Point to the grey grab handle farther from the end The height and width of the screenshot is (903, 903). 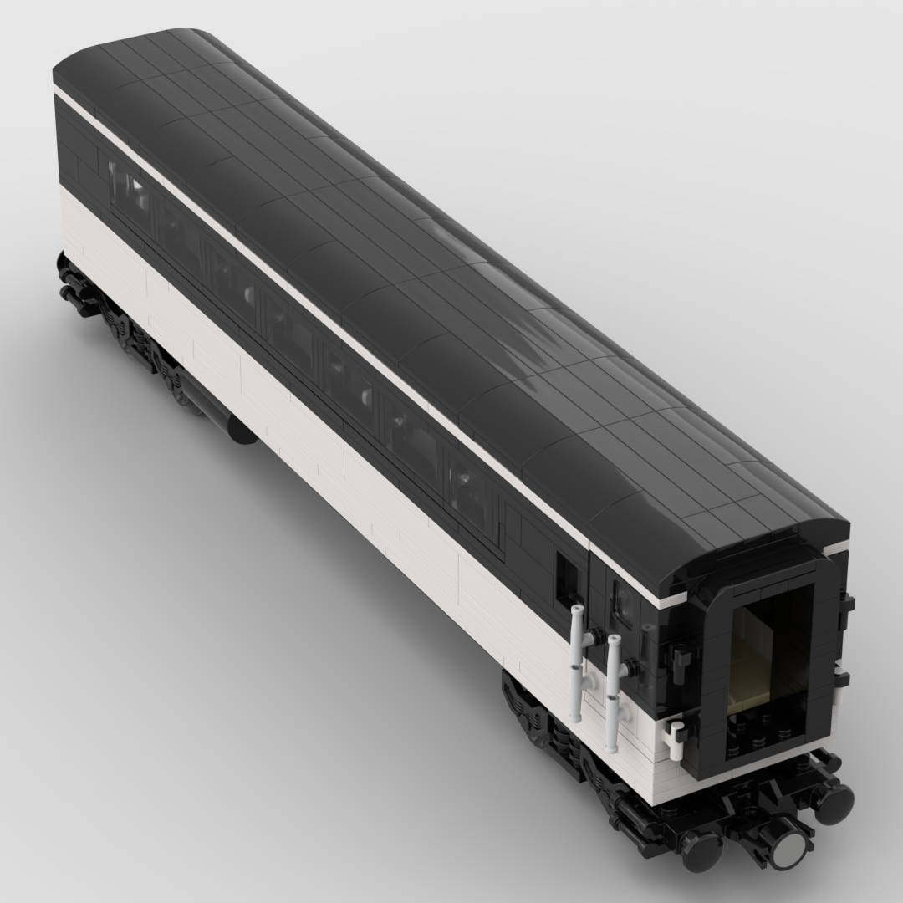(x=577, y=661)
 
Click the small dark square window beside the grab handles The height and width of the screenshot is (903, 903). (x=567, y=577)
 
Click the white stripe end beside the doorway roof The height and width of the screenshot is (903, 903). (x=673, y=600)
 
